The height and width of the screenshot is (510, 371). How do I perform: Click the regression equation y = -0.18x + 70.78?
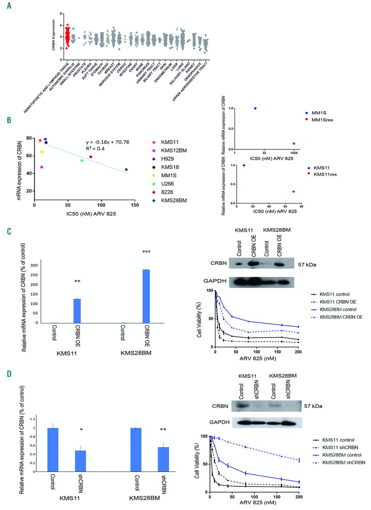pos(107,142)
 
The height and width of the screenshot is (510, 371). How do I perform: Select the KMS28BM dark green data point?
pos(126,169)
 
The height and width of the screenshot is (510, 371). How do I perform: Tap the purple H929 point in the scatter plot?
pos(45,139)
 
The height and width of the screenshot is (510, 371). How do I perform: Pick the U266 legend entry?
pos(170,183)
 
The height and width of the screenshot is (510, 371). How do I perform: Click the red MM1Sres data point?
pos(294,143)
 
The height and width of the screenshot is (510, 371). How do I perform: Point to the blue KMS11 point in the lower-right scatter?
pos(244,165)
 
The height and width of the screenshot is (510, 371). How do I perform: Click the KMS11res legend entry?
pos(326,174)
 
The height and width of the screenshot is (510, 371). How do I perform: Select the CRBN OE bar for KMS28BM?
pos(146,296)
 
